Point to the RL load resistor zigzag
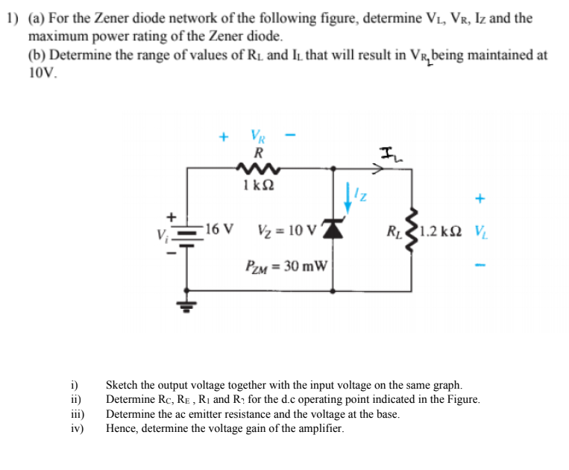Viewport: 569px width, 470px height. [412, 229]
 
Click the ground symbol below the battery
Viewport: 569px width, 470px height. [186, 304]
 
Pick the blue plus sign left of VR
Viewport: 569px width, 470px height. [222, 137]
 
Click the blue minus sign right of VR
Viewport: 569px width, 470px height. [292, 137]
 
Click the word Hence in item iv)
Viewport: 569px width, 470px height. [122, 428]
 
